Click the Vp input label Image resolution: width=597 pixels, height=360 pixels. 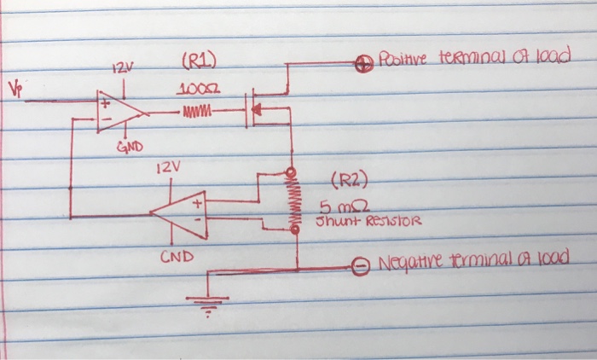(13, 88)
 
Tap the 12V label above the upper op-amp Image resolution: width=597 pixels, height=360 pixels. (122, 68)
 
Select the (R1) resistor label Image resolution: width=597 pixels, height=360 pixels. (199, 61)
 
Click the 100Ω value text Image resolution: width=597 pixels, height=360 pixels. (197, 90)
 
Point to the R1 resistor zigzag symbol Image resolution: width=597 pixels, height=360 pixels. (198, 111)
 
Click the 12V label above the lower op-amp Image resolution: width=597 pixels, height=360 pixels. (170, 168)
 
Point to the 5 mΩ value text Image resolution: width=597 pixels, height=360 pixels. (336, 207)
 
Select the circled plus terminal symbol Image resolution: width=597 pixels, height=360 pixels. (361, 61)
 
